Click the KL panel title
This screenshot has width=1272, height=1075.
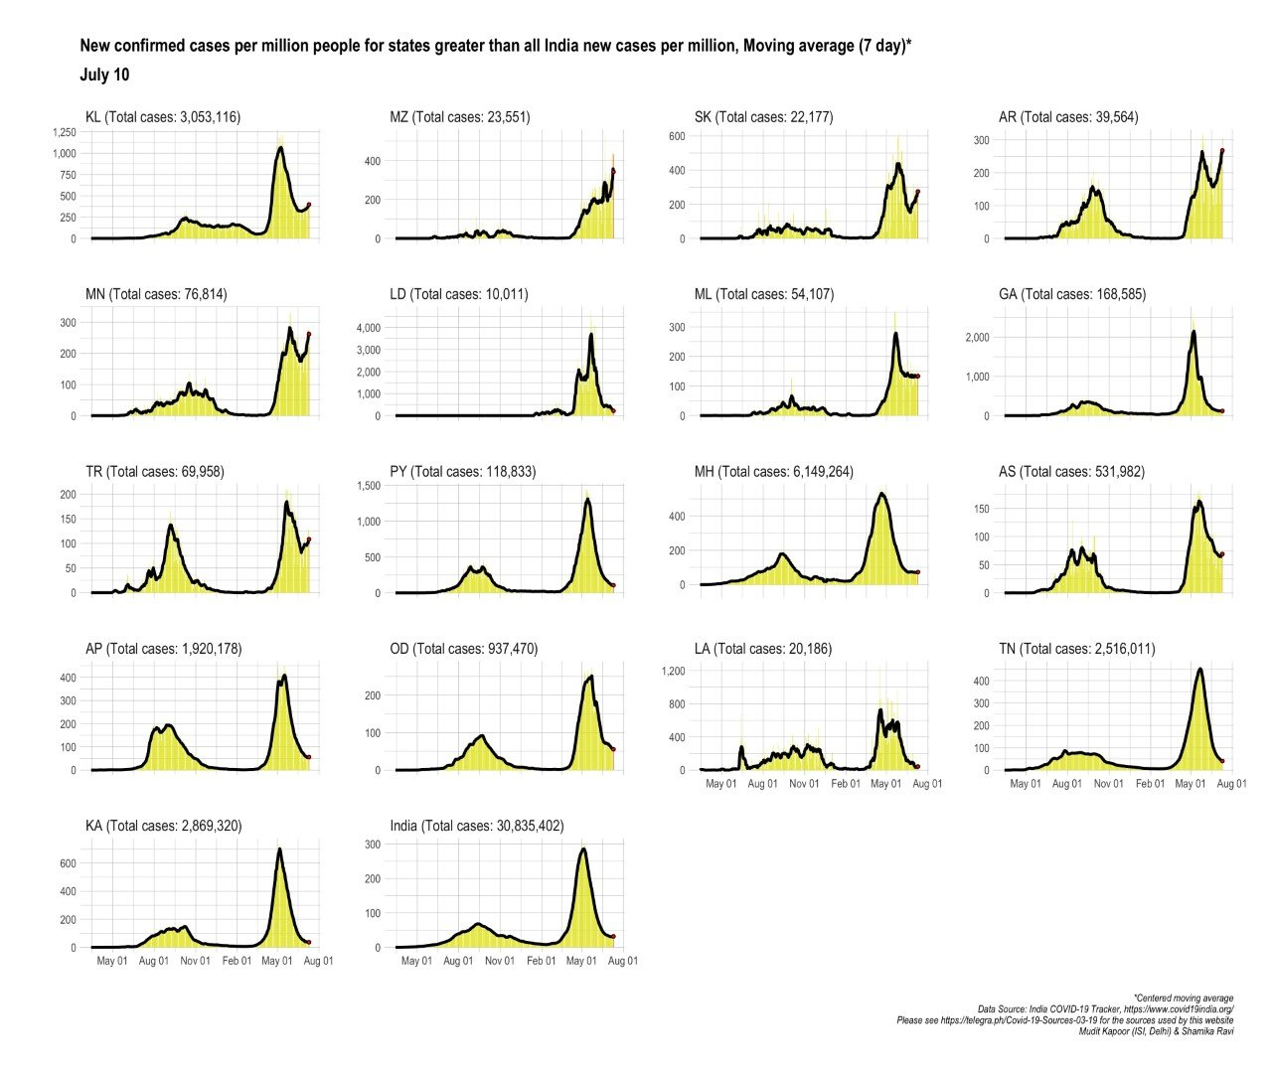pyautogui.click(x=163, y=117)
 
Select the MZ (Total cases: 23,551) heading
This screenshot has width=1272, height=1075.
pyautogui.click(x=460, y=117)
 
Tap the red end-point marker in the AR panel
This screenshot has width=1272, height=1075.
pyautogui.click(x=1222, y=151)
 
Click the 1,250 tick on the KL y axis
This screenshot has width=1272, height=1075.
pyautogui.click(x=64, y=132)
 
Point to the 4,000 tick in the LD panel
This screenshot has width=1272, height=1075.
pyautogui.click(x=367, y=328)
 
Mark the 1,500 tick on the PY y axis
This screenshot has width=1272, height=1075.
pyautogui.click(x=367, y=486)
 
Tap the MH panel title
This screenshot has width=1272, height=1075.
pyautogui.click(x=773, y=472)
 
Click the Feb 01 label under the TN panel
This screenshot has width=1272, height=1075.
pyautogui.click(x=1150, y=784)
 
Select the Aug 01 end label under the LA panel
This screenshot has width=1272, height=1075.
pyautogui.click(x=927, y=784)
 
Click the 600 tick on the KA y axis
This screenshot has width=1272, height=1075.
pyautogui.click(x=68, y=864)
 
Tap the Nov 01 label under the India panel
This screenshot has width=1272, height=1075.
pyautogui.click(x=500, y=961)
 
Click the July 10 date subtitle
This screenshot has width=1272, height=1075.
pyautogui.click(x=104, y=76)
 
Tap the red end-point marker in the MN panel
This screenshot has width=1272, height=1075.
pyautogui.click(x=309, y=335)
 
